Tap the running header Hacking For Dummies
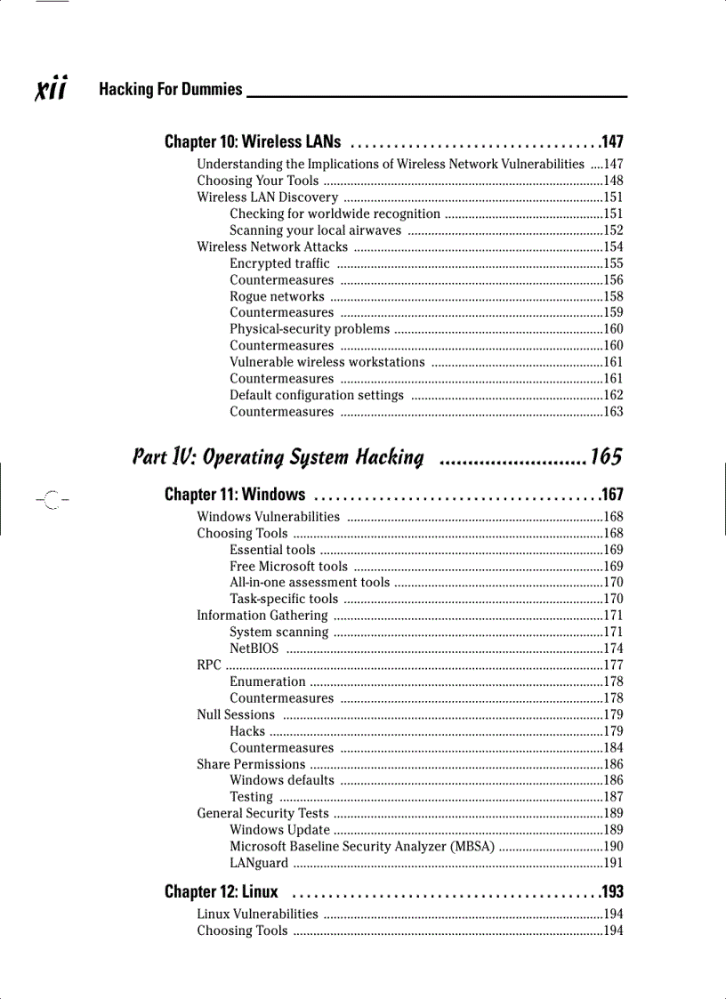click(170, 89)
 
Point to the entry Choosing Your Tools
click(258, 181)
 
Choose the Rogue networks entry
click(277, 296)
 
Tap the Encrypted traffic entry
click(279, 263)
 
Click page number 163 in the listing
click(613, 412)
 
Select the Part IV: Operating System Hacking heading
click(278, 457)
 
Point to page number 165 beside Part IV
click(605, 457)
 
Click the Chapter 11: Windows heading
click(235, 495)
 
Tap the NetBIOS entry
click(254, 649)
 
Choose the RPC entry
click(209, 665)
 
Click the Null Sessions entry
click(236, 714)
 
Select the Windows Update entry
click(279, 830)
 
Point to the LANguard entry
click(259, 863)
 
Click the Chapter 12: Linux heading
click(221, 891)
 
